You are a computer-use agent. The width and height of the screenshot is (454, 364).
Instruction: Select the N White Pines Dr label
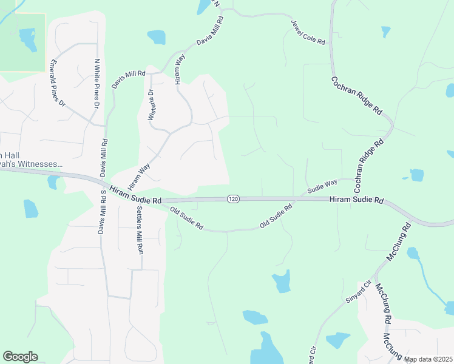[x=97, y=84]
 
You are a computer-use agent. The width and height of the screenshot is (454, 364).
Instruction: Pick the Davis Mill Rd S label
[x=103, y=212]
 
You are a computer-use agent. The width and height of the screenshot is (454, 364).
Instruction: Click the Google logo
[x=20, y=357]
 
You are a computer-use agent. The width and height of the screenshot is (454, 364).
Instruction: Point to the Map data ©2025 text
[x=428, y=359]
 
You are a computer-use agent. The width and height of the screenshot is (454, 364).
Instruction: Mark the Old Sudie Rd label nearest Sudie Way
[x=276, y=216]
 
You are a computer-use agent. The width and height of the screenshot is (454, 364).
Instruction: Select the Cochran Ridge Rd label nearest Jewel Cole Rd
[x=356, y=96]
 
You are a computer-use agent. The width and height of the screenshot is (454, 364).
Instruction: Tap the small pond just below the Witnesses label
[x=52, y=182]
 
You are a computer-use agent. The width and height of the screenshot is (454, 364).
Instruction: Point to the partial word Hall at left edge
[x=6, y=155]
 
